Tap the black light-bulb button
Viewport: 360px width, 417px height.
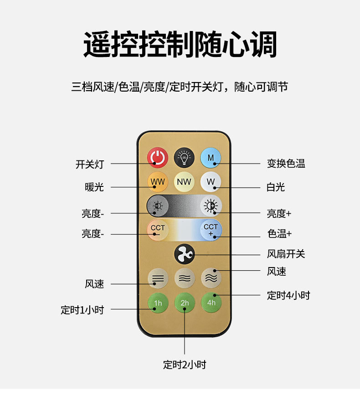point(184,157)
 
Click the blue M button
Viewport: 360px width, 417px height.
point(211,157)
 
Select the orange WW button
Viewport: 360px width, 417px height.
point(158,182)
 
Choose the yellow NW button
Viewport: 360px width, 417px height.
point(184,182)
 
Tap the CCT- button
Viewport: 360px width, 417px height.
point(158,229)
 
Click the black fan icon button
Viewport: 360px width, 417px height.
point(184,254)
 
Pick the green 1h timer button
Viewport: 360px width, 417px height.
point(158,303)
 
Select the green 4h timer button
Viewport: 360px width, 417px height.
point(211,302)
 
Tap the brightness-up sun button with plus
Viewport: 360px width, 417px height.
point(211,206)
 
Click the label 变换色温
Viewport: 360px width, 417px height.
point(286,164)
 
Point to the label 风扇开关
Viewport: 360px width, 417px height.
point(286,254)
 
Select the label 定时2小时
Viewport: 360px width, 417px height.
point(185,365)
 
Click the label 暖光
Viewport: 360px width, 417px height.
point(94,187)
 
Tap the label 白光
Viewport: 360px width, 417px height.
point(276,187)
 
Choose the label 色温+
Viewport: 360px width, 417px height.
point(279,234)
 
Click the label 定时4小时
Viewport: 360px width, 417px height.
point(288,295)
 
